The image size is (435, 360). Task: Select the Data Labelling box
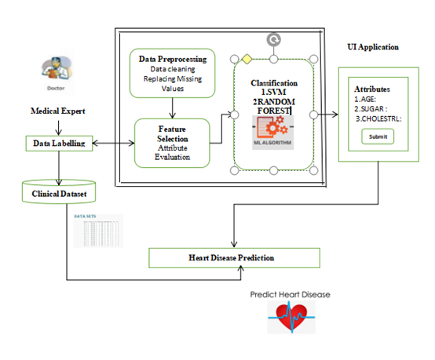coord(60,144)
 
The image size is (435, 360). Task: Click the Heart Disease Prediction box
coord(234,257)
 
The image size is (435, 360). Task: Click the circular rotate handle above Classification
coord(272,38)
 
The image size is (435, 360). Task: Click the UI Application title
coord(373,47)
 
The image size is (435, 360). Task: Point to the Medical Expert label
coord(57,112)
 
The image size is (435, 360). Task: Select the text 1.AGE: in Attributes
coord(366,100)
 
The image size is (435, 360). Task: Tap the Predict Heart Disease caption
coord(290,295)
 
